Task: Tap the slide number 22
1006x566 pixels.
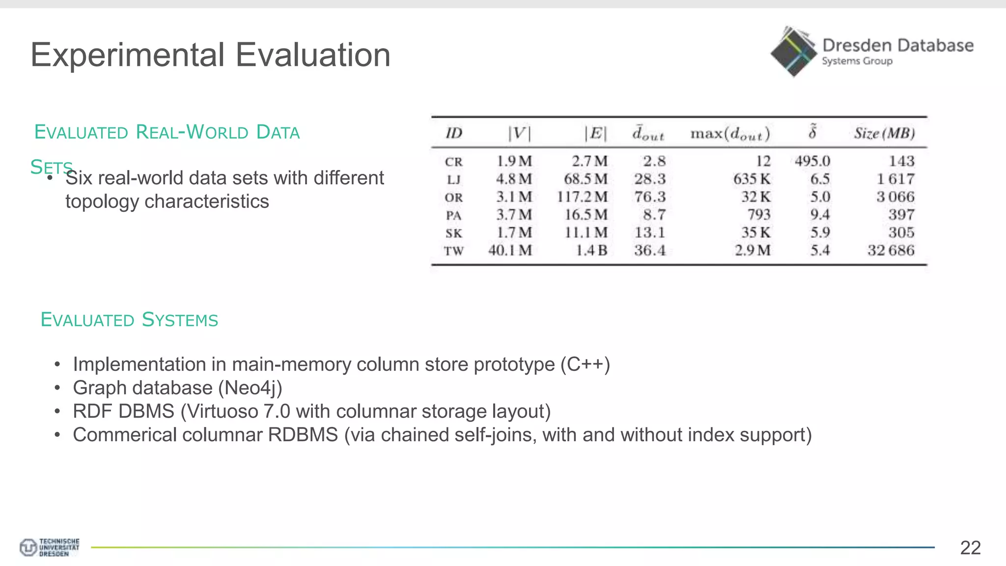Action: click(970, 547)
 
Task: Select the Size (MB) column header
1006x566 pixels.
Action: click(884, 133)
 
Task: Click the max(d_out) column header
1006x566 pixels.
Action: click(730, 134)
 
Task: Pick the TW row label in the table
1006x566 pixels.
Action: click(453, 251)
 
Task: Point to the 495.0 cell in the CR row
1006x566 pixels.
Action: click(812, 161)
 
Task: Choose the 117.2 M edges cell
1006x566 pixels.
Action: click(582, 197)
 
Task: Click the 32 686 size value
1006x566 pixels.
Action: click(891, 251)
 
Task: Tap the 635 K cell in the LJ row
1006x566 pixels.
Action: click(752, 179)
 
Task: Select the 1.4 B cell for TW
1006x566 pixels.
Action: click(591, 251)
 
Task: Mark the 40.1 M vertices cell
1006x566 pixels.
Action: click(510, 251)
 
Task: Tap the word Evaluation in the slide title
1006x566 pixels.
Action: click(313, 55)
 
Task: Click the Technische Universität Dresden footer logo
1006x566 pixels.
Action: click(49, 547)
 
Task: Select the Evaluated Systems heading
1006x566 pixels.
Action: click(129, 320)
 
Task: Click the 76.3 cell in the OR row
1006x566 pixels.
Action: click(649, 197)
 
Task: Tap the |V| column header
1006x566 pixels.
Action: click(519, 133)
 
